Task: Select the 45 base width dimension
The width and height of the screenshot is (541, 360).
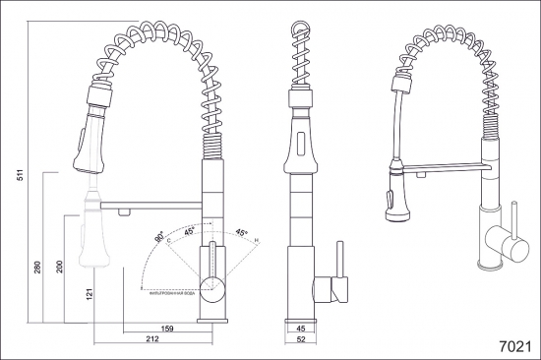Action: (302, 330)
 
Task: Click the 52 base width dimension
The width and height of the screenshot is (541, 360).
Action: (302, 339)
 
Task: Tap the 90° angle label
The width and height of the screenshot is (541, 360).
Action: (159, 238)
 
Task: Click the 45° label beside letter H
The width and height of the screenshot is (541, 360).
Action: (241, 232)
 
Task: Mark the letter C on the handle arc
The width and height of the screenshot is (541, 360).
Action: (168, 239)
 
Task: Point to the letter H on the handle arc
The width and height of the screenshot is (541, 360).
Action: (257, 240)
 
